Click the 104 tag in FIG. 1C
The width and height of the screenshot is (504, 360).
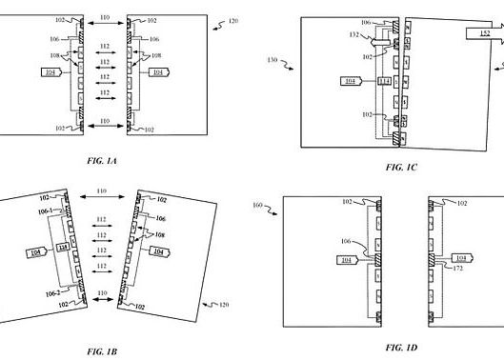(x=352, y=81)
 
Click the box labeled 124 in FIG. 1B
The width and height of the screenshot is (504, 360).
(x=63, y=248)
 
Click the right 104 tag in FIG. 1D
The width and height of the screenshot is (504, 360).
(x=460, y=258)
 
